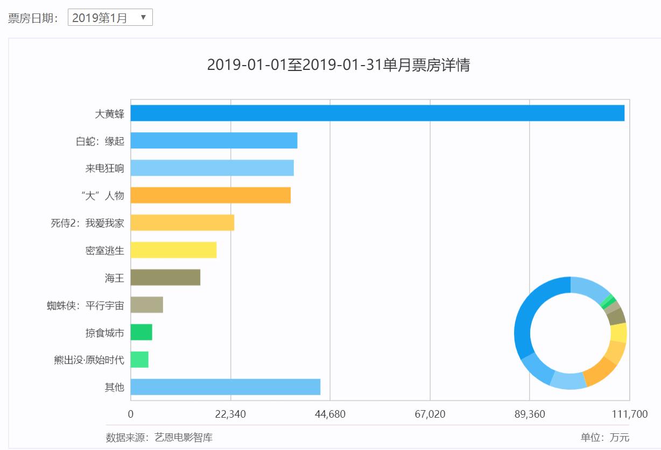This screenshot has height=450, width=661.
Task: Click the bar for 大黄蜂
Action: [377, 113]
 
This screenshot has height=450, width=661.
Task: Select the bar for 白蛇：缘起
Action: [214, 140]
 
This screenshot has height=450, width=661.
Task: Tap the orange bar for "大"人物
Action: [210, 195]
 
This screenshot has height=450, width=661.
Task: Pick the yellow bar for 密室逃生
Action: [173, 250]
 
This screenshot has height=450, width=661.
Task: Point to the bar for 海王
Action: [165, 277]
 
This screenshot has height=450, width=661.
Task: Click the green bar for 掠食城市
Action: [141, 332]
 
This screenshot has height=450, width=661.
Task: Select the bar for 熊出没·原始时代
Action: [139, 360]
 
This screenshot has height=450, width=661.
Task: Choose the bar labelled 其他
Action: [225, 387]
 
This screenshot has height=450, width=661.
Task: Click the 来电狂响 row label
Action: [104, 168]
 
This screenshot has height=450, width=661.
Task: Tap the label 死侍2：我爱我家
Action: [87, 223]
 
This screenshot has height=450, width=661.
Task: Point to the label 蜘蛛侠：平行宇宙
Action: [85, 306]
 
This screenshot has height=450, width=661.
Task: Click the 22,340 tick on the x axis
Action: [230, 415]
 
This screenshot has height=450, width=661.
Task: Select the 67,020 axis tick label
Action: [430, 415]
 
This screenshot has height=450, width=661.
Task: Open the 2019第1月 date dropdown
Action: [110, 18]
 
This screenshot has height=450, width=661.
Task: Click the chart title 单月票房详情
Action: [339, 65]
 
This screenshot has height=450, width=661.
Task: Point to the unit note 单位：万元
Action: [604, 438]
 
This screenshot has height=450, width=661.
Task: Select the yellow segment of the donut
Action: [618, 333]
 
